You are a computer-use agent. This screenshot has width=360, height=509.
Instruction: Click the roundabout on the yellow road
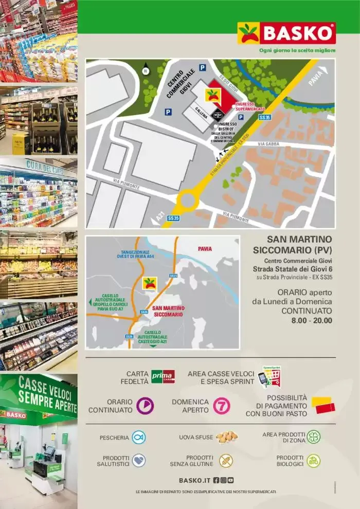tap(187, 199)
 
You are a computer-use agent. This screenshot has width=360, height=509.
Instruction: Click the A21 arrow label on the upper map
tap(159, 220)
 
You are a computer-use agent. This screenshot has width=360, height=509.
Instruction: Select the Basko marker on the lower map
tap(149, 283)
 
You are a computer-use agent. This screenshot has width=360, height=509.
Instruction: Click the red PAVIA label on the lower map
tap(205, 249)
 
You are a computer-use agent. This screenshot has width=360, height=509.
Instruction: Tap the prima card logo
tap(163, 376)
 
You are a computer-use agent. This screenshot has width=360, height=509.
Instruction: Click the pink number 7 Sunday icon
tap(222, 406)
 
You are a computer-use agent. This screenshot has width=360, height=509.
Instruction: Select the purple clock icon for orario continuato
tap(145, 406)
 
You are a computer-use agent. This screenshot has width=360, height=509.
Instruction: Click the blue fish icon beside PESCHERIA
tap(138, 438)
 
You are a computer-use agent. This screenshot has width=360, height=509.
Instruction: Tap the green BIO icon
tap(313, 461)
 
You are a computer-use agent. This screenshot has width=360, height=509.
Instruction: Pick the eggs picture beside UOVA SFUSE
tap(226, 437)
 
